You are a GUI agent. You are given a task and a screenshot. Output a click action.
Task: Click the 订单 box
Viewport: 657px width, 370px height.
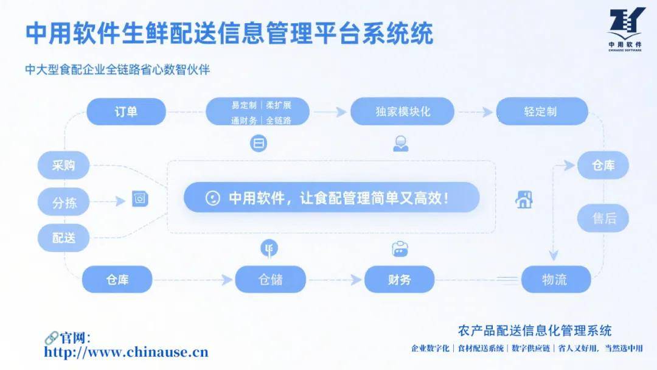pyautogui.click(x=126, y=112)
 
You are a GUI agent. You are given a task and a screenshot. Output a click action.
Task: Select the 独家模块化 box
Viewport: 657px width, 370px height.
pyautogui.click(x=403, y=112)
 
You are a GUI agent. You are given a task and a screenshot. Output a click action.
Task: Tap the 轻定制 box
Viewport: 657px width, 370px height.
pyautogui.click(x=541, y=112)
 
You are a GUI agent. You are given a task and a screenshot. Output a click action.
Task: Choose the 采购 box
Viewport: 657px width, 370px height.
pyautogui.click(x=63, y=165)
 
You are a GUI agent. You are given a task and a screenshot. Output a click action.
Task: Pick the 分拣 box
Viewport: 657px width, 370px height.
pyautogui.click(x=63, y=202)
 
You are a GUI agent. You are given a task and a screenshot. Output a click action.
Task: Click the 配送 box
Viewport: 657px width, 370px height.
pyautogui.click(x=63, y=238)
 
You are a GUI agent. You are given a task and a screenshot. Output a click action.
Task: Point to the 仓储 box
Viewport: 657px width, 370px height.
pyautogui.click(x=270, y=279)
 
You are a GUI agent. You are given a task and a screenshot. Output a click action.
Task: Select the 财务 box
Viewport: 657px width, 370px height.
pyautogui.click(x=399, y=279)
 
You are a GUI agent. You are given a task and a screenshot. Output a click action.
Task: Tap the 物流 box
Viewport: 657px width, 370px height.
pyautogui.click(x=555, y=279)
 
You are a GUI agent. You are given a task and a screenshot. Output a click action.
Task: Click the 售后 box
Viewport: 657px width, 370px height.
pyautogui.click(x=603, y=218)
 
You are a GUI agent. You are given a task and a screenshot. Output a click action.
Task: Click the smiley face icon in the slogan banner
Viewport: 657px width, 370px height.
pyautogui.click(x=212, y=198)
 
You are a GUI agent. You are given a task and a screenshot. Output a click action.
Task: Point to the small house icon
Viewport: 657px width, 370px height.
pyautogui.click(x=524, y=199)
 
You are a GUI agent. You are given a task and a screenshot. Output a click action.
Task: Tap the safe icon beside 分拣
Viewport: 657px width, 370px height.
pyautogui.click(x=141, y=198)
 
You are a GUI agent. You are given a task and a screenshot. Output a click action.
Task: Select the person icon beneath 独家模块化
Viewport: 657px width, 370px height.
pyautogui.click(x=400, y=144)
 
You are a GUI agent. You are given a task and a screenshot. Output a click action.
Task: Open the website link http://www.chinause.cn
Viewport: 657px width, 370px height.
pyautogui.click(x=127, y=352)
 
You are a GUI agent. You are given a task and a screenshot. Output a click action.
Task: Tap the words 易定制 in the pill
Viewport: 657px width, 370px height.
pyautogui.click(x=243, y=105)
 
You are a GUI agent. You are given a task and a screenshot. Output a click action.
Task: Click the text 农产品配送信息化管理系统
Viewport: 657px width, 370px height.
pyautogui.click(x=534, y=331)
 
